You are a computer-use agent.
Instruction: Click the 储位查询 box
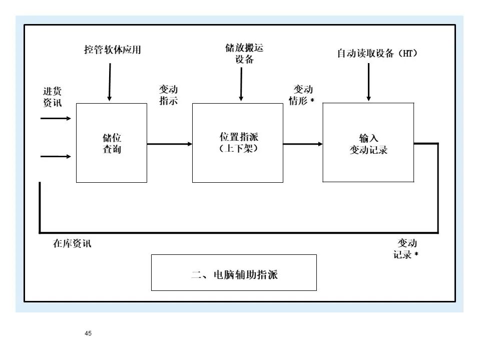(112, 143)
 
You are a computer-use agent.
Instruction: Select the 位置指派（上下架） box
(238, 143)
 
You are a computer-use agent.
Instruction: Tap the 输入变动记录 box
(368, 143)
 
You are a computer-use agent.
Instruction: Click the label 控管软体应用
(112, 50)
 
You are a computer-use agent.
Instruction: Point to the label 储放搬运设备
(244, 54)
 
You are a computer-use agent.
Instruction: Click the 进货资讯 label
(52, 97)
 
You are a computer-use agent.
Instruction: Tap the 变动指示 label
(168, 95)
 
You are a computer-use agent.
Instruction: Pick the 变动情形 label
(301, 95)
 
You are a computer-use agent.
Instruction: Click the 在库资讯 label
(72, 244)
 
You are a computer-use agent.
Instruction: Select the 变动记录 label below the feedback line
(405, 249)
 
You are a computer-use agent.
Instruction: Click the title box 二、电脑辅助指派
(234, 273)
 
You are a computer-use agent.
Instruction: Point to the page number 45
(89, 333)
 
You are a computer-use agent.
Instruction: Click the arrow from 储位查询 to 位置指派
(170, 144)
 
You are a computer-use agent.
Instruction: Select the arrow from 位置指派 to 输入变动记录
(303, 144)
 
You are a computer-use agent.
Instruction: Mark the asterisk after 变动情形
(312, 101)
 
